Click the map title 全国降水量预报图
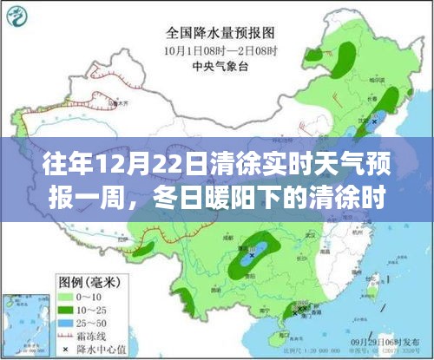coord(216,35)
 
